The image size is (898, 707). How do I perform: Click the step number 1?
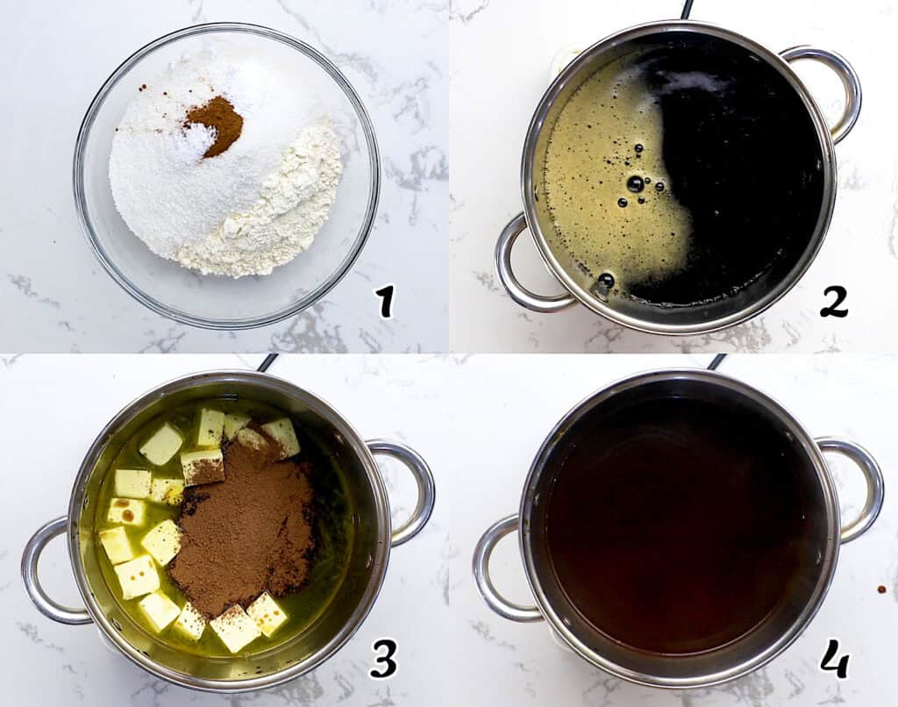(x=386, y=302)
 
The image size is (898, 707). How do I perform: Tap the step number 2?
(x=834, y=302)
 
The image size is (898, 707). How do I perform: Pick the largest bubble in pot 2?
(x=635, y=184)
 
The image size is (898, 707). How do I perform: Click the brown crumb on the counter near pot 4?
(x=881, y=589)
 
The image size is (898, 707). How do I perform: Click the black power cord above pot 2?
(x=687, y=9)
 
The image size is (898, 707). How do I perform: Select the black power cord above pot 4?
(x=716, y=362)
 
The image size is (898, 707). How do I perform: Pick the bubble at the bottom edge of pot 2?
(x=605, y=281)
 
